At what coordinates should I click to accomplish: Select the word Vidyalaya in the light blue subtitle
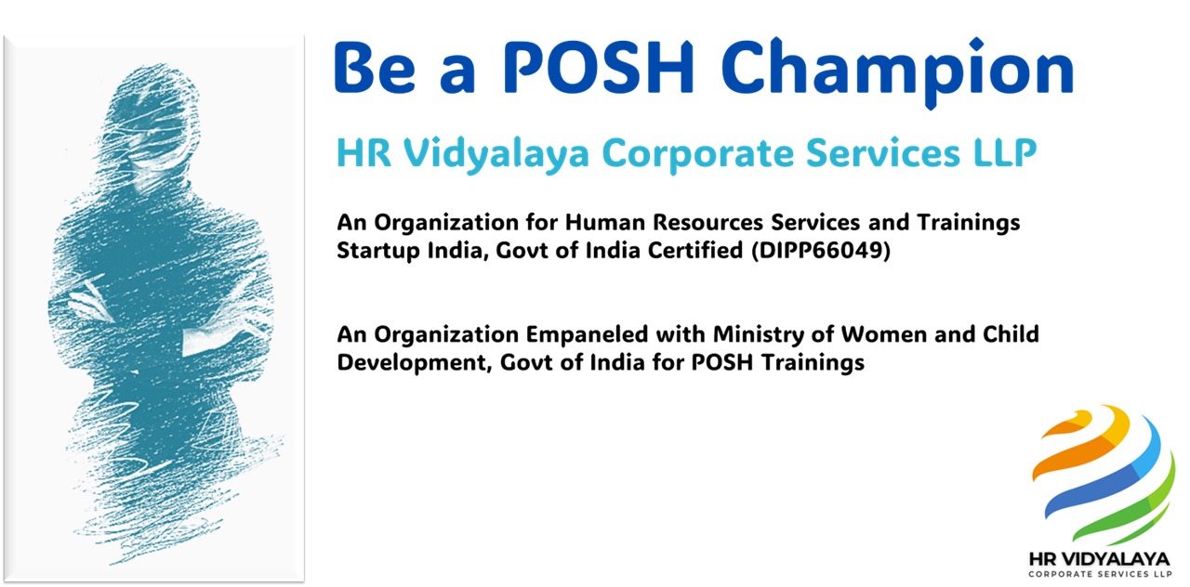pyautogui.click(x=496, y=154)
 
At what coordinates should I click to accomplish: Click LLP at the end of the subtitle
pyautogui.click(x=1005, y=153)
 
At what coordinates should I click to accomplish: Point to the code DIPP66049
pyautogui.click(x=821, y=250)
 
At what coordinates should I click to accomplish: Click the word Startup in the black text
pyautogui.click(x=377, y=251)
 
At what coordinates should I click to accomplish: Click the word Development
pyautogui.click(x=412, y=363)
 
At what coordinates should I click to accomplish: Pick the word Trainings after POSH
pyautogui.click(x=813, y=363)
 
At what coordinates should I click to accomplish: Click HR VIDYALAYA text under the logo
pyautogui.click(x=1099, y=559)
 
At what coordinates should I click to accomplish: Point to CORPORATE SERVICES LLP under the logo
pyautogui.click(x=1100, y=574)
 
